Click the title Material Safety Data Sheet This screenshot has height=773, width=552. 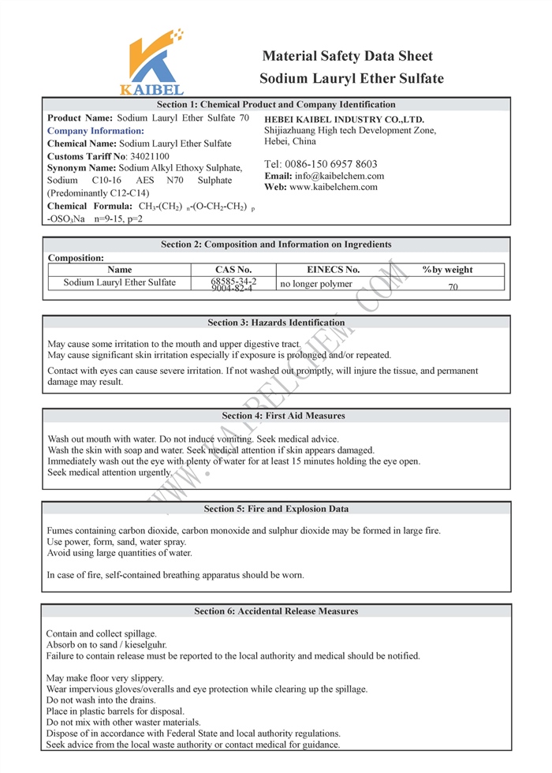point(347,56)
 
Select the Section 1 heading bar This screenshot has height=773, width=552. point(276,104)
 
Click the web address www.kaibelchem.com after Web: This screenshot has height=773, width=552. point(334,187)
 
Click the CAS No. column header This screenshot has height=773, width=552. point(233,270)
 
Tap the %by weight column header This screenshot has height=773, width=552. point(447,270)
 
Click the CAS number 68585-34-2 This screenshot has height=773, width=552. point(233,281)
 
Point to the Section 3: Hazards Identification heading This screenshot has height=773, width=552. point(276,323)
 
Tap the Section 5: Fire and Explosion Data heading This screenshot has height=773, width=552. point(276,509)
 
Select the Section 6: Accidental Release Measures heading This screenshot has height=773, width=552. point(276,611)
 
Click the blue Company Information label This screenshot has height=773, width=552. point(95,131)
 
